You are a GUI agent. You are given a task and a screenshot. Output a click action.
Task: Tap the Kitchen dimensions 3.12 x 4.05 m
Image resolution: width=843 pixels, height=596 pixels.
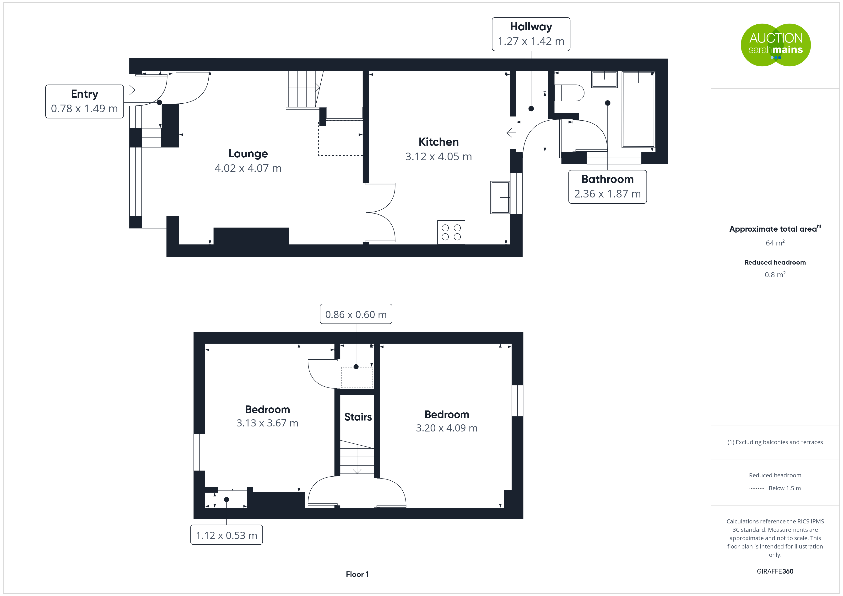point(438,157)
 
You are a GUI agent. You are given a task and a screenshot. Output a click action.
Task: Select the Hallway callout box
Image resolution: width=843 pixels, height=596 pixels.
point(531,34)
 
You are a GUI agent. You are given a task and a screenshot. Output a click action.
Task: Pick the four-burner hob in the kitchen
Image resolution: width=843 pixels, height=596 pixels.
point(451,232)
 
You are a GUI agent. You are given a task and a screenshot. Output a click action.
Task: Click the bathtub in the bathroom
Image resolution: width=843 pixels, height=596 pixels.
point(638,109)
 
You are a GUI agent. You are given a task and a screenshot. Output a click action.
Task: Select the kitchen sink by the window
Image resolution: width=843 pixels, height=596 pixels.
point(500,197)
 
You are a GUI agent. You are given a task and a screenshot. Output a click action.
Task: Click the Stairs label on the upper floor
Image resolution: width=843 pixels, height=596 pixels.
point(358,417)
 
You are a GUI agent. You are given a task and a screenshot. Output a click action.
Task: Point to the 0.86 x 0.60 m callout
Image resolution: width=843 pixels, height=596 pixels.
point(356,314)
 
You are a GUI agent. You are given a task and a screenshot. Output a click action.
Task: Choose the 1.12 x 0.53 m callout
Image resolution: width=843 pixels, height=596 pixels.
point(227,535)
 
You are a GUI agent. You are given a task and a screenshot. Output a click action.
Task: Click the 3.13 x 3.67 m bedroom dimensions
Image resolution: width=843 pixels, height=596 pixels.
point(267,423)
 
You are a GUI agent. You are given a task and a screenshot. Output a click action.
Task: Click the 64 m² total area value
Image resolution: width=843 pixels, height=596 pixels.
point(775,243)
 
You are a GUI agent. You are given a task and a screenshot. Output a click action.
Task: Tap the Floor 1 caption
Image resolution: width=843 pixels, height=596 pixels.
point(357,574)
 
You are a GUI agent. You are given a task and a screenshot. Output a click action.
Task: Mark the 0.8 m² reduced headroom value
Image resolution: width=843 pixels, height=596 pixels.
point(775,275)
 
